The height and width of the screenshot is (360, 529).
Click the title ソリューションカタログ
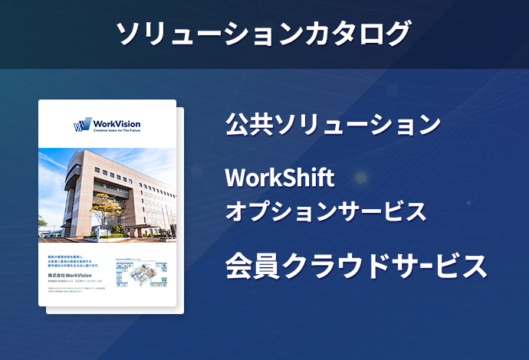[x=264, y=34]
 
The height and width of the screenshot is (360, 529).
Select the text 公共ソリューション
[x=333, y=123]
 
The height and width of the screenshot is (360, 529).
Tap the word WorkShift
[x=280, y=178]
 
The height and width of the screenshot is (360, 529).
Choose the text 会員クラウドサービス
[x=356, y=266]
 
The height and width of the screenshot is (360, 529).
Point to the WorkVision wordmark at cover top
[x=116, y=123]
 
